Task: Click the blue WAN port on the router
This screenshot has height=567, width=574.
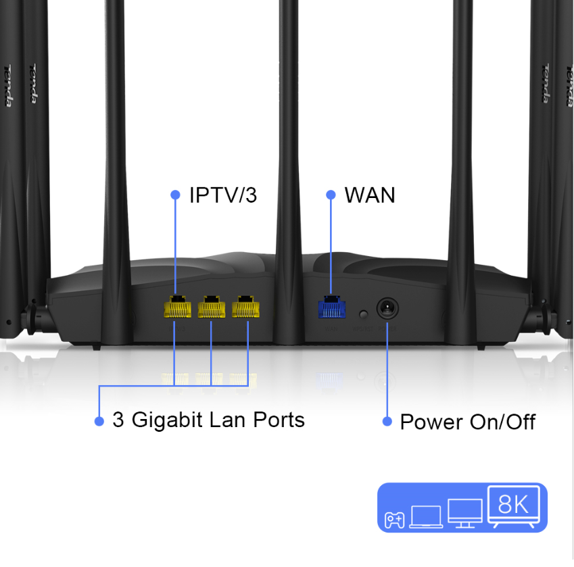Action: [331, 308]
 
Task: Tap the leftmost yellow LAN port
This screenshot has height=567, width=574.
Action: [177, 307]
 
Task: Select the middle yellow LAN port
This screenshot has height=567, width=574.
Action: [211, 307]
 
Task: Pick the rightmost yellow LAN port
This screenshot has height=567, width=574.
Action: [245, 307]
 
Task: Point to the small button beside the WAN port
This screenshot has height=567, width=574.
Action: [364, 314]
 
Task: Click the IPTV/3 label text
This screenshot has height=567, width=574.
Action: [223, 196]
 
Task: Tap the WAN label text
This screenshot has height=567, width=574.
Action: [370, 195]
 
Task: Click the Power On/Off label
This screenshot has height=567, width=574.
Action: [468, 422]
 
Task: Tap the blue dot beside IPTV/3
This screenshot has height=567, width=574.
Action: [176, 195]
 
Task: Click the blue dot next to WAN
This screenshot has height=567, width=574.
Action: [331, 195]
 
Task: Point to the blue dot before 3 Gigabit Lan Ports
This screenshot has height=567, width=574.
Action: [99, 421]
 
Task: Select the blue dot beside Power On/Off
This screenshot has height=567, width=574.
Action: [387, 422]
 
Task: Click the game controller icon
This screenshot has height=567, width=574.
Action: [395, 520]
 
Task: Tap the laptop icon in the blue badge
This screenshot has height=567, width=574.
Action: [425, 517]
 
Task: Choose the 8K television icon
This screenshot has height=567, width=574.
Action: [513, 507]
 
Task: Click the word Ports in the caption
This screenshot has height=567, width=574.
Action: [279, 420]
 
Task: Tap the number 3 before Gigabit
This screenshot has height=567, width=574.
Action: [118, 420]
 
